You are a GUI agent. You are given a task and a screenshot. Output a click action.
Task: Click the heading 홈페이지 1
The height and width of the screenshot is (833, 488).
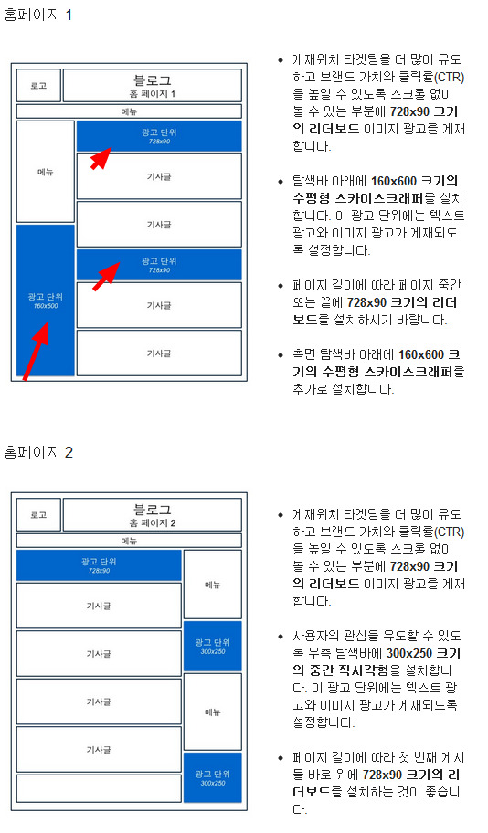pyautogui.click(x=37, y=15)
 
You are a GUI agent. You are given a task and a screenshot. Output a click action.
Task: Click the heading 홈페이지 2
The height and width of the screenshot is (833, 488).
pyautogui.click(x=38, y=452)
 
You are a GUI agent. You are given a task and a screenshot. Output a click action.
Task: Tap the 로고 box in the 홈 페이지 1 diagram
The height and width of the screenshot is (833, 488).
pyautogui.click(x=38, y=86)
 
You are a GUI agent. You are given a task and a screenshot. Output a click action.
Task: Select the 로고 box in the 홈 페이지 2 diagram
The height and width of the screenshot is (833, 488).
pyautogui.click(x=38, y=515)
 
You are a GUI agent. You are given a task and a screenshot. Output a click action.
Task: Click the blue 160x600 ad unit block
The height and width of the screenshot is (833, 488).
pyautogui.click(x=45, y=301)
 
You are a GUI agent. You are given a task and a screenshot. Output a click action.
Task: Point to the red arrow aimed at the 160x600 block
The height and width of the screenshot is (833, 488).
pyautogui.click(x=35, y=351)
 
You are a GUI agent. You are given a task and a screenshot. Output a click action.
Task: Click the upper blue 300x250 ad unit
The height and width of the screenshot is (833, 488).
pyautogui.click(x=213, y=646)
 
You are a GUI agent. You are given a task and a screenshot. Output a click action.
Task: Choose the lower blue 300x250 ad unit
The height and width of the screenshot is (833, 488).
pyautogui.click(x=213, y=777)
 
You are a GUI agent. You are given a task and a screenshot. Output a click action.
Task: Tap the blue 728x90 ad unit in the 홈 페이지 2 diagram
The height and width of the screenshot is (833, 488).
pyautogui.click(x=99, y=565)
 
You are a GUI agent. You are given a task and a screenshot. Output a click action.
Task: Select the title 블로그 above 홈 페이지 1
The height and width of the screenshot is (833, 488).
pyautogui.click(x=152, y=80)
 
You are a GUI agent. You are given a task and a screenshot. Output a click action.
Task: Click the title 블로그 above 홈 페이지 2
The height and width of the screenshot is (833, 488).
pyautogui.click(x=152, y=510)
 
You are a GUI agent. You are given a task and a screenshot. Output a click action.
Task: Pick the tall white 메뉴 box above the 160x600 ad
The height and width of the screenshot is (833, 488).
pyautogui.click(x=45, y=172)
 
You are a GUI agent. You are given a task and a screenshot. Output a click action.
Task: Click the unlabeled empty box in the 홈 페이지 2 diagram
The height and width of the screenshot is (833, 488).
pyautogui.click(x=99, y=788)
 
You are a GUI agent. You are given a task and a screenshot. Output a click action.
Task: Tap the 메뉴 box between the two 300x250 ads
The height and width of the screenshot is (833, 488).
pyautogui.click(x=213, y=712)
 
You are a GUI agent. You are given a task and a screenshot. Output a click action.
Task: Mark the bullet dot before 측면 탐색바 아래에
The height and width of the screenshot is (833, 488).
pyautogui.click(x=281, y=355)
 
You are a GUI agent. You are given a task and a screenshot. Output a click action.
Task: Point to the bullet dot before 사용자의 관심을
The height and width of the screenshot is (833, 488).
pyautogui.click(x=281, y=637)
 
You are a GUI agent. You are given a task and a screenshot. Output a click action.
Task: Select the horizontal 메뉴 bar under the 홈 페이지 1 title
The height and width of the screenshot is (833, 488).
pyautogui.click(x=129, y=111)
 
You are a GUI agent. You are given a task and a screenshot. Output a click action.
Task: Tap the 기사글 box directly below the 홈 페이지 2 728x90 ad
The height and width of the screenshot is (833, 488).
pyautogui.click(x=99, y=606)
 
